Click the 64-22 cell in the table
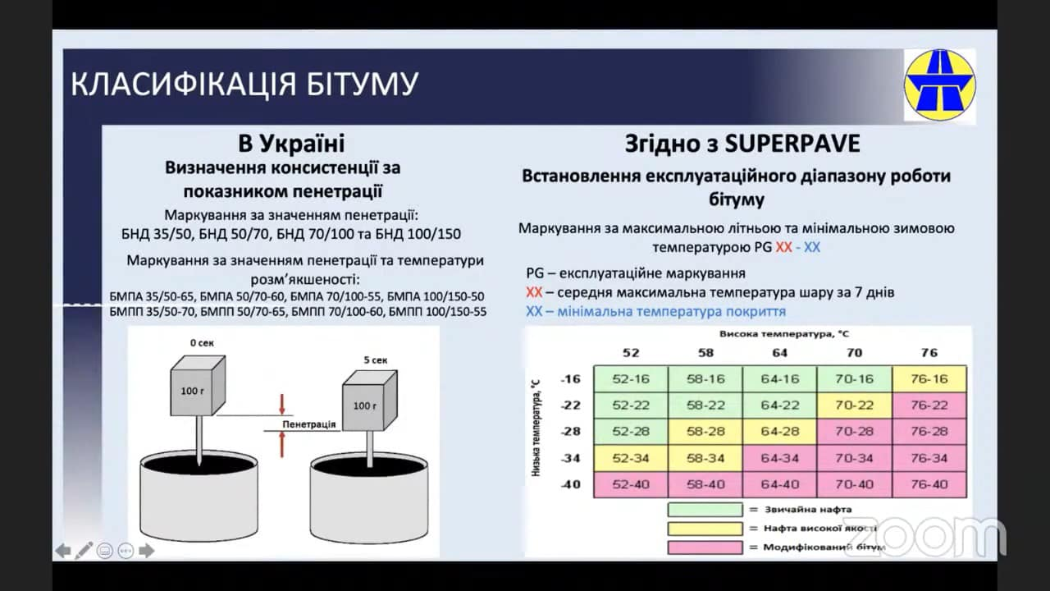pos(779,405)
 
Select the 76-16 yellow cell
pos(929,379)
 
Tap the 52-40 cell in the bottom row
pos(631,484)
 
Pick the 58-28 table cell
pos(705,432)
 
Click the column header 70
pos(854,353)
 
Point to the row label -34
pos(570,458)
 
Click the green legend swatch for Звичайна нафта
pos(705,510)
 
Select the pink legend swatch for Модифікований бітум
pos(705,547)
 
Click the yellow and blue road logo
pos(940,85)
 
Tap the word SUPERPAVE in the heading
pos(792,144)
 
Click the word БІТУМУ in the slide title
pos(363,85)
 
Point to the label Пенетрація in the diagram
pos(309,424)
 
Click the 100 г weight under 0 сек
pos(198,386)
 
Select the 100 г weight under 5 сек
pos(370,400)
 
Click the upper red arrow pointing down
pos(281,404)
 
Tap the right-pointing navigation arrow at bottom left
pos(146,551)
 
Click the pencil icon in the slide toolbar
pos(84,551)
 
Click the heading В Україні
pos(291,144)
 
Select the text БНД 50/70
pos(234,234)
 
